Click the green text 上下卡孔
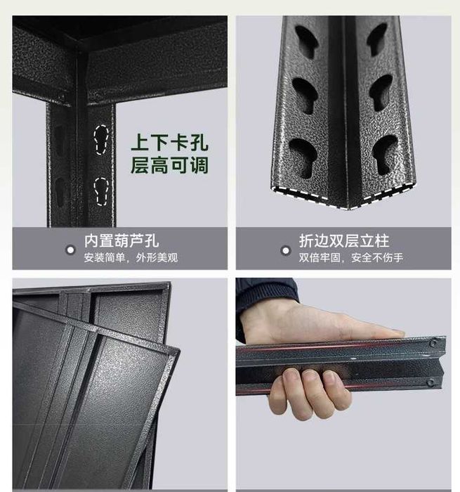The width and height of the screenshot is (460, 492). click(x=169, y=143)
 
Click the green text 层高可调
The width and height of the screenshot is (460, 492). click(x=169, y=165)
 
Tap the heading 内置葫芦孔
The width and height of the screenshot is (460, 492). click(x=121, y=240)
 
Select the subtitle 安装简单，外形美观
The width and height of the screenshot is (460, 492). click(x=131, y=258)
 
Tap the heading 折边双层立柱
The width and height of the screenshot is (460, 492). click(x=344, y=240)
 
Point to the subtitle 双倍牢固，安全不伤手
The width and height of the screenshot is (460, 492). click(x=351, y=258)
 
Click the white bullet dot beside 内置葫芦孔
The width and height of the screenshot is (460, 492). click(x=70, y=250)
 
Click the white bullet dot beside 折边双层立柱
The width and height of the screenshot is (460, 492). click(x=286, y=251)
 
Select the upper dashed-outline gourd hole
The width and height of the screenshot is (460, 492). click(x=101, y=140)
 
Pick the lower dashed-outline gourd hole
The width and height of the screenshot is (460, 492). click(x=101, y=192)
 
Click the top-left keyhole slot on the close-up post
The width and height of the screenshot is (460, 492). click(x=306, y=41)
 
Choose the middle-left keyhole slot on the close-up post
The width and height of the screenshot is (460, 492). click(x=305, y=95)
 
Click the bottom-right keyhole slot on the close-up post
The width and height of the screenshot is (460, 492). click(x=384, y=155)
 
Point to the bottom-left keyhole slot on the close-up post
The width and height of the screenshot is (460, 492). click(x=303, y=157)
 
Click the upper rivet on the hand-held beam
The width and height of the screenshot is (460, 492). click(x=433, y=343)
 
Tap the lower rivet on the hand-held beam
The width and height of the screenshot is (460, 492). click(x=431, y=382)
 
